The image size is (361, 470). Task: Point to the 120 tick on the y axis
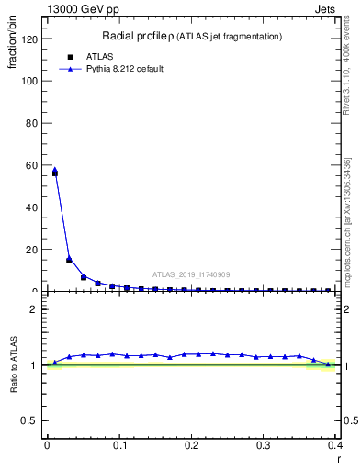coord(30,39)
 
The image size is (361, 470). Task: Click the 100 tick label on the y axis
coord(30,81)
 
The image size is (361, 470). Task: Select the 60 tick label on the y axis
coord(33,165)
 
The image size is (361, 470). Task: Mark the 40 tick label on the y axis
coord(33,207)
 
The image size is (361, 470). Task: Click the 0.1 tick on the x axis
coord(118,445)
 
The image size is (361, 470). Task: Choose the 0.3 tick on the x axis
coord(264,445)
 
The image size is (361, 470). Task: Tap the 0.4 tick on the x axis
coord(335,445)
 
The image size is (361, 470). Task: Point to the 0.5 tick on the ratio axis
coord(32,420)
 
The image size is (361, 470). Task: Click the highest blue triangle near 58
coord(55,170)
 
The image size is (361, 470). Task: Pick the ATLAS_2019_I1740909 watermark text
coord(191,274)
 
